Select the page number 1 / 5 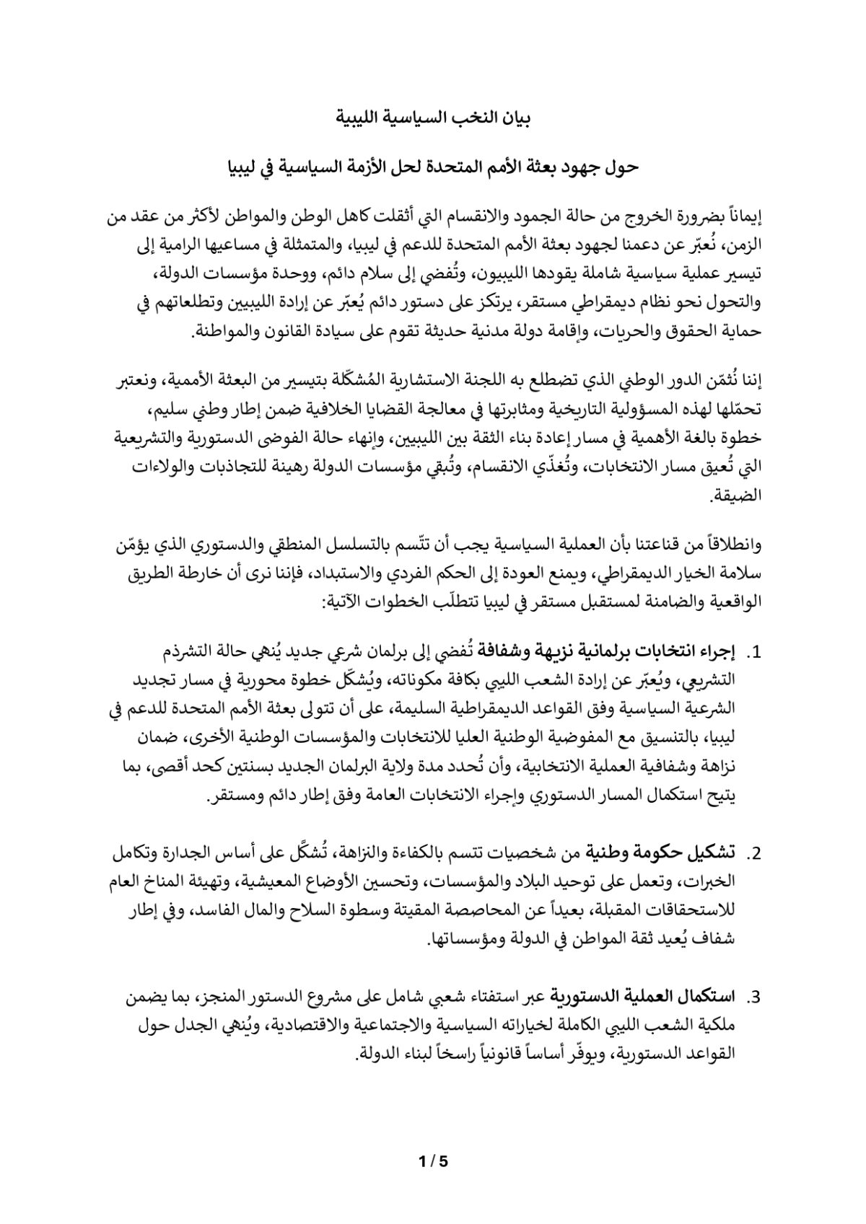point(433,1162)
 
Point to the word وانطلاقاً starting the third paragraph point(730,545)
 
